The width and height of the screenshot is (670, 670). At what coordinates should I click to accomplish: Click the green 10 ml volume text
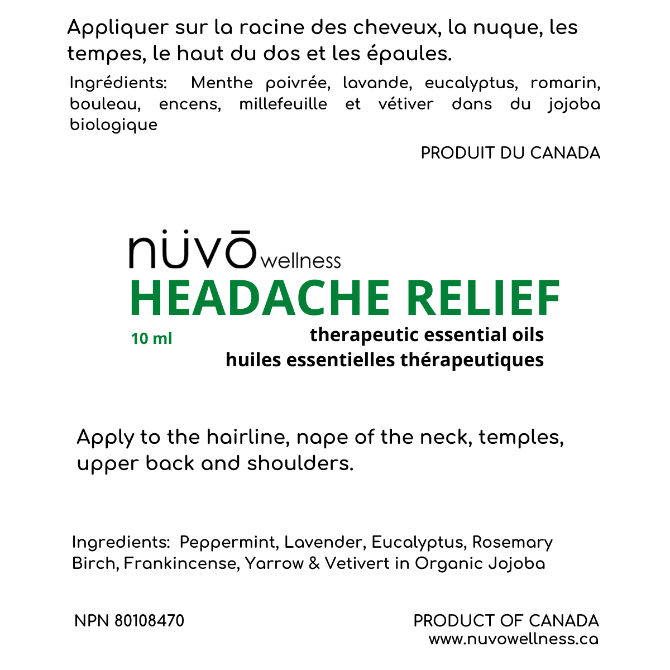[x=151, y=338]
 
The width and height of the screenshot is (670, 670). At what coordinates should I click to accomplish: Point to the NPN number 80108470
[x=149, y=621]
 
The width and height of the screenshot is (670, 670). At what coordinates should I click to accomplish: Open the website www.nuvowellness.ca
[x=513, y=639]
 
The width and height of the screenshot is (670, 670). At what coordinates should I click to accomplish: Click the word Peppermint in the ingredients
[x=227, y=542]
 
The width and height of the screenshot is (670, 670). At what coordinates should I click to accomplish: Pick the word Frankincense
[x=182, y=563]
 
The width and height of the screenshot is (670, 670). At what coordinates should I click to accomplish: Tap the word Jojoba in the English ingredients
[x=516, y=563]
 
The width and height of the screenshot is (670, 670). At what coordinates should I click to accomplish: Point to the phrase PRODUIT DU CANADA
[x=510, y=153]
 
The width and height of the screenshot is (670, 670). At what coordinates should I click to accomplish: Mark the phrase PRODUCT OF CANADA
[x=506, y=621]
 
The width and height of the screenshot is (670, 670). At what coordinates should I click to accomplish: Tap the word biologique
[x=113, y=125]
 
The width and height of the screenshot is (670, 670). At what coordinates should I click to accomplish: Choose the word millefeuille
[x=283, y=104]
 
